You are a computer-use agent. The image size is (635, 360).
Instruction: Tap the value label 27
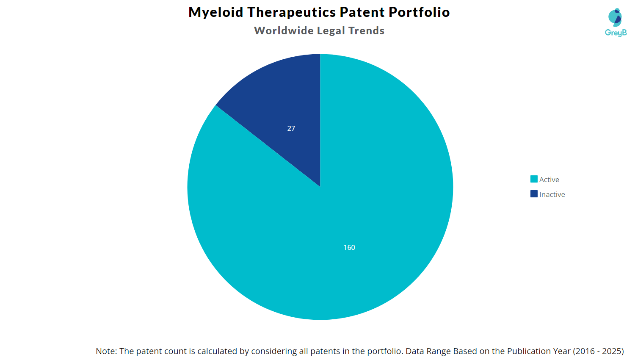point(291,128)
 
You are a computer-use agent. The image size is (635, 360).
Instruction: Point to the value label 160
point(349,247)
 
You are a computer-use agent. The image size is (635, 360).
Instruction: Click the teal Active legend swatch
point(534,179)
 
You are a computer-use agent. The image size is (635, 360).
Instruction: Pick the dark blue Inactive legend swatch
point(534,194)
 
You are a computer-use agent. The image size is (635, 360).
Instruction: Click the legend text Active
point(549,180)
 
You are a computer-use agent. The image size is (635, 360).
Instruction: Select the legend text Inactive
point(552,194)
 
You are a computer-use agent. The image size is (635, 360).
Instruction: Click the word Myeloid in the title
point(216,12)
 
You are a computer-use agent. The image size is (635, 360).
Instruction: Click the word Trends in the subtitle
point(366,31)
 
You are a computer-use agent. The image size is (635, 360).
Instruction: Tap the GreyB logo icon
point(615,17)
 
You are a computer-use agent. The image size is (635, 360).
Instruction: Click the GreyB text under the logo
point(616,33)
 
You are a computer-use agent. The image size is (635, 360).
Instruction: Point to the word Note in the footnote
point(106,351)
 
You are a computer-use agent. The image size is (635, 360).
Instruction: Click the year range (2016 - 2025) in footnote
point(598,351)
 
